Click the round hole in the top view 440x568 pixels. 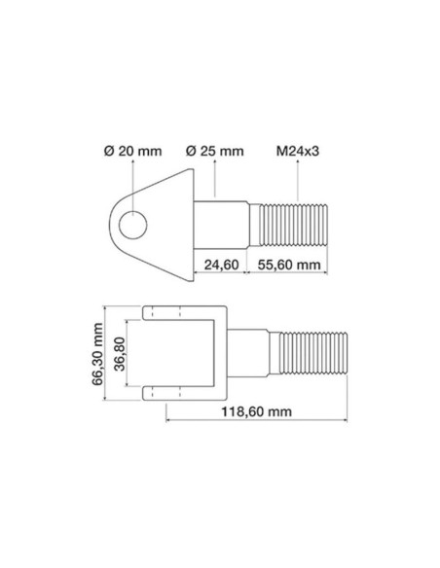(x=134, y=226)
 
